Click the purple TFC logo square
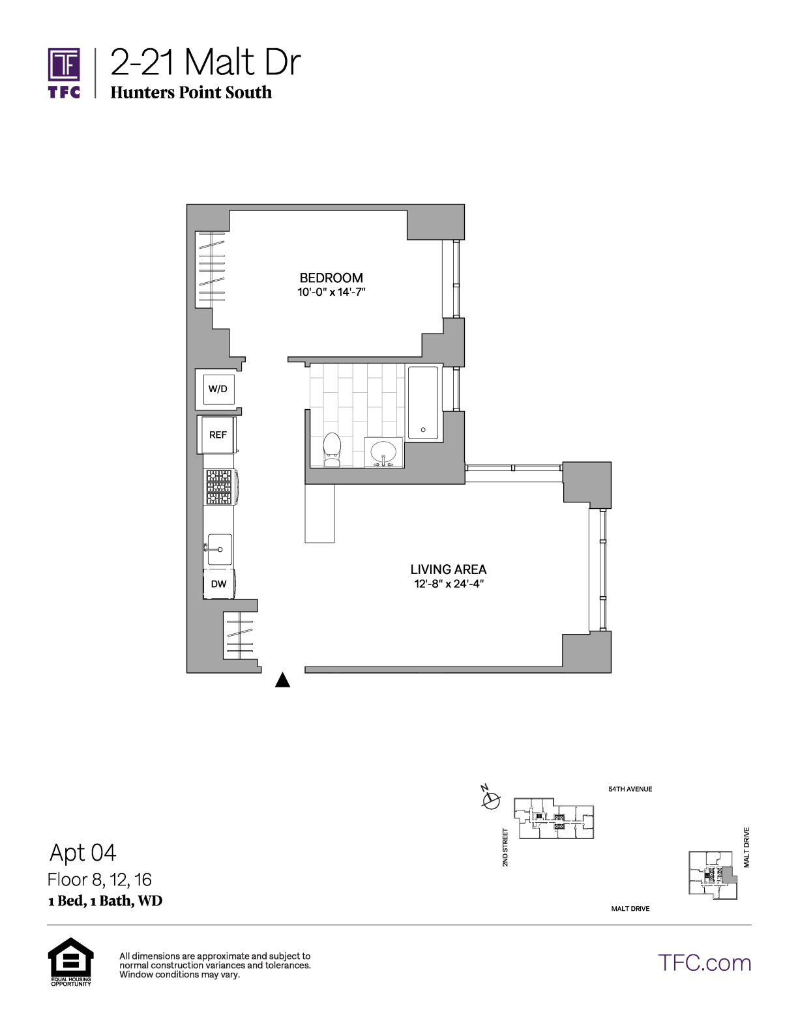tap(64, 64)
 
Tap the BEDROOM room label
tap(331, 278)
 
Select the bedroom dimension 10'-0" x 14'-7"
tap(331, 292)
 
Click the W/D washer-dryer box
tap(218, 389)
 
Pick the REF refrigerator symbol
tap(218, 435)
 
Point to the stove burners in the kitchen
tap(218, 487)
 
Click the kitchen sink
tap(219, 549)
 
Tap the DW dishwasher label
tap(218, 584)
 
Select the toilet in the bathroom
tap(332, 450)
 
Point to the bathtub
tap(423, 403)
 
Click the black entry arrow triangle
tap(283, 680)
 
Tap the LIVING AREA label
tap(448, 569)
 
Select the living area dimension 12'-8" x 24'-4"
tap(449, 583)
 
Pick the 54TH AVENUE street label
tap(630, 789)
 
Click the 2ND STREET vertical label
tap(505, 847)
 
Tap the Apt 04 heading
tap(83, 852)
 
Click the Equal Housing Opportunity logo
tap(71, 961)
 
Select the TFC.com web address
tap(704, 963)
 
